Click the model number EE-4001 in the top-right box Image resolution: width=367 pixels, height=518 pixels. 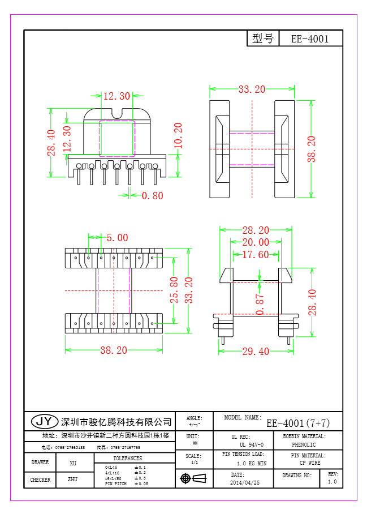click(x=309, y=39)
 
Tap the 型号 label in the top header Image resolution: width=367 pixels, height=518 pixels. click(x=263, y=38)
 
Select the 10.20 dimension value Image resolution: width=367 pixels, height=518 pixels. click(x=178, y=136)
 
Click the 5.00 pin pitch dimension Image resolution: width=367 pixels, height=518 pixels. click(x=117, y=238)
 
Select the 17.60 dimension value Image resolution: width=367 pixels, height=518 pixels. click(x=255, y=255)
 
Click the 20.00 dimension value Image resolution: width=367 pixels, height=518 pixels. click(x=256, y=242)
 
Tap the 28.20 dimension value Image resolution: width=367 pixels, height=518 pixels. click(x=256, y=230)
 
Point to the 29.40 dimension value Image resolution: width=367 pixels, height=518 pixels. click(x=256, y=352)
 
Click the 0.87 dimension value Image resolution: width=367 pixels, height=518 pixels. click(x=260, y=305)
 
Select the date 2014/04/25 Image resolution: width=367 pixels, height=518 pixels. click(x=245, y=483)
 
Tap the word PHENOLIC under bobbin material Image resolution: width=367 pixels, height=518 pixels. click(x=304, y=445)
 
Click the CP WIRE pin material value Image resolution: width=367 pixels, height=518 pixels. click(x=305, y=463)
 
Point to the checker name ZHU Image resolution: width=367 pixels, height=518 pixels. click(x=72, y=480)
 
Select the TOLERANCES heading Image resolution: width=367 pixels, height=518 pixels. click(x=127, y=458)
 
